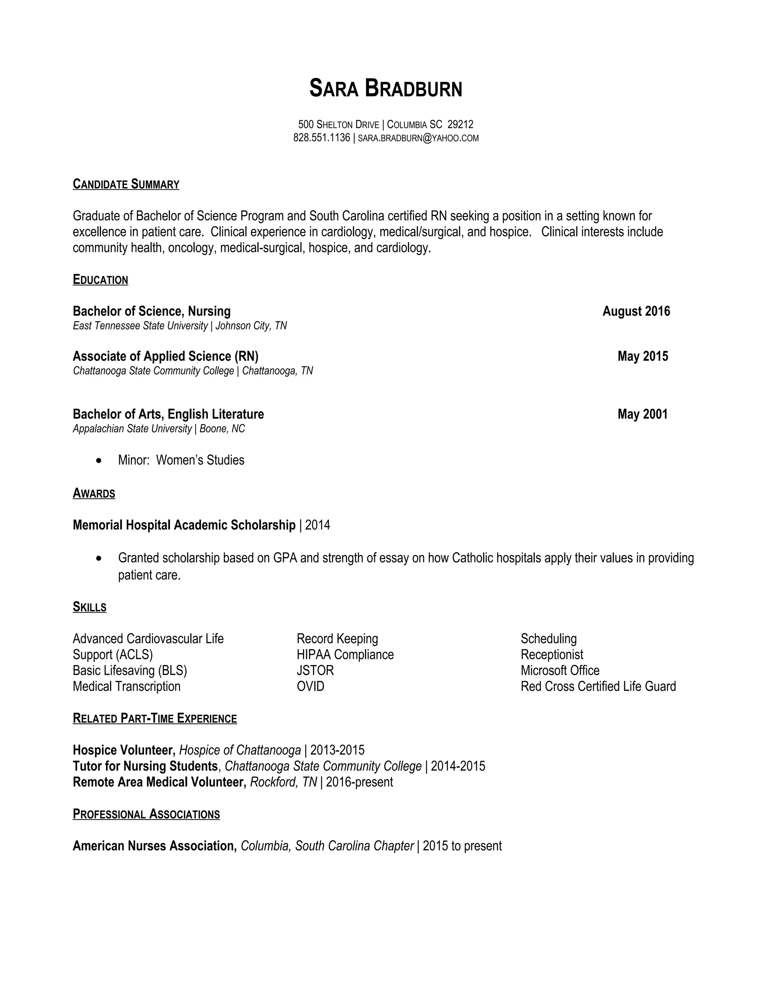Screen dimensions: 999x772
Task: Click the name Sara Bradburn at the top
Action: [386, 88]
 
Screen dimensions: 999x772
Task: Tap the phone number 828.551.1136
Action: [322, 138]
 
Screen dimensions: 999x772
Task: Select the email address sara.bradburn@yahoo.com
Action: [418, 138]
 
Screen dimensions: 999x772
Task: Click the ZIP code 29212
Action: [460, 124]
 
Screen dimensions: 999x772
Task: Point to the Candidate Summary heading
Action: [126, 184]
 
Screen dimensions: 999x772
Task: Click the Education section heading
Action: [100, 280]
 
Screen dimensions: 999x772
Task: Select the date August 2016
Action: [636, 311]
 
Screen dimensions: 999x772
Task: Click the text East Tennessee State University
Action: [140, 326]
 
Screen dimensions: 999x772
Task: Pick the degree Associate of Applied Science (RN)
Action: [165, 356]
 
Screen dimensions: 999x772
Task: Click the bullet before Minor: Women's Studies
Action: [99, 461]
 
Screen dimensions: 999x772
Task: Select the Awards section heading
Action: [94, 493]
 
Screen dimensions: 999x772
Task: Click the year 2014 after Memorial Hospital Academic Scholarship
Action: [317, 525]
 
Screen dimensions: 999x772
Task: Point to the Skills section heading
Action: [90, 607]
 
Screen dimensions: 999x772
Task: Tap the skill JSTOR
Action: [315, 671]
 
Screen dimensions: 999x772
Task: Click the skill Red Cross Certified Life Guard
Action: [598, 686]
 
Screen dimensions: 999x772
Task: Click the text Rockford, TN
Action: [283, 782]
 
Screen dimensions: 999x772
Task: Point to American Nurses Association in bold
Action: [155, 846]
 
